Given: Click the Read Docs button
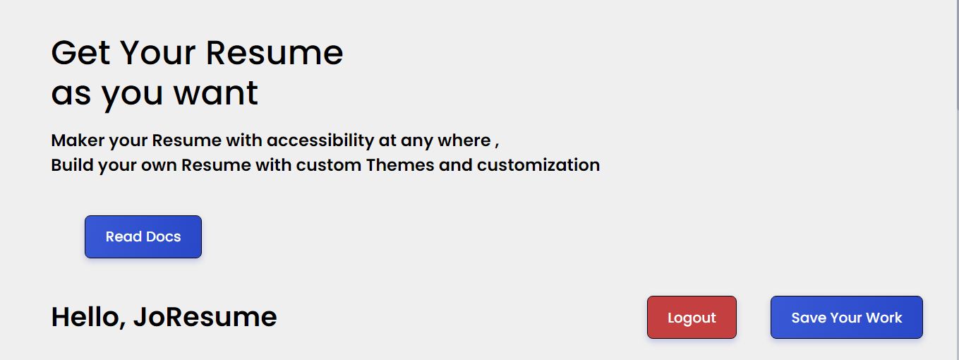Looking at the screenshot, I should coord(143,237).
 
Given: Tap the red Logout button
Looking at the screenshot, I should coord(692,318).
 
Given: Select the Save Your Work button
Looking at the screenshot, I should coord(846,318).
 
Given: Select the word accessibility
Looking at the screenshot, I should coord(320,140).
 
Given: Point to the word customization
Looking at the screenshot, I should coord(538,165).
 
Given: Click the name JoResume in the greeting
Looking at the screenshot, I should coord(205,318).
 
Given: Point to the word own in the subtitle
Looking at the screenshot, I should coord(159,165).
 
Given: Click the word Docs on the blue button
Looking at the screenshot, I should coord(164,237).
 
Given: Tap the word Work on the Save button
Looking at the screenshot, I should coord(884,318).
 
